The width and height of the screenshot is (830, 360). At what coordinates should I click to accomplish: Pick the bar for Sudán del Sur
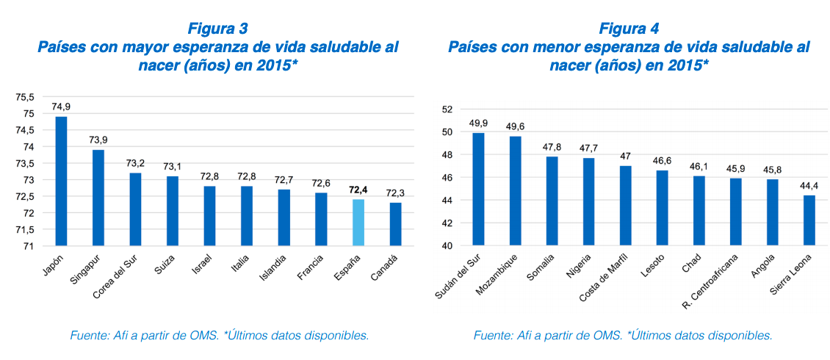coord(478,189)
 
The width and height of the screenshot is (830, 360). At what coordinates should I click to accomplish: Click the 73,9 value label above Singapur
coord(98,140)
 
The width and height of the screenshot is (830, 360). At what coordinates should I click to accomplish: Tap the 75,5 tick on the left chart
coord(25,97)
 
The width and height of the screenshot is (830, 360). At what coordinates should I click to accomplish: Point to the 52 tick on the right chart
coord(445,109)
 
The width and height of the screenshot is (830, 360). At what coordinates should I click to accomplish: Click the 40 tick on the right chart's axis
coord(445,245)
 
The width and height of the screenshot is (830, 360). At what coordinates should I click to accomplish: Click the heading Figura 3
coord(217,29)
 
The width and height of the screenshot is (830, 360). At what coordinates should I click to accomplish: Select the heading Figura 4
coord(629,29)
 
